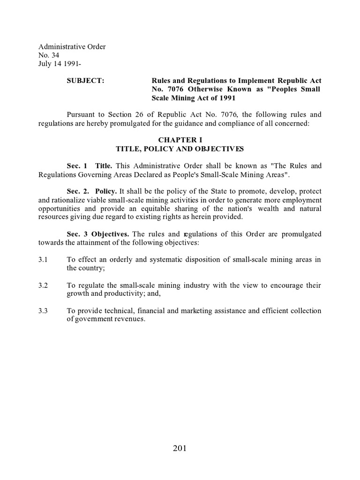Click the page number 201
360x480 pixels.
pos(180,448)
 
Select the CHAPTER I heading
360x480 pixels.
pos(180,140)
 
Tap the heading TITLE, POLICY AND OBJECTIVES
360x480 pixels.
pos(180,149)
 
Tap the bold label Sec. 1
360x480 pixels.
pos(77,166)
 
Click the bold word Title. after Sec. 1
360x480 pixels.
pos(104,166)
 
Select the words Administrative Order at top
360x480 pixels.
pos(72,47)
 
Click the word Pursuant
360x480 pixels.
pos(82,114)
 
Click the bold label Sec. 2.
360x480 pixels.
pos(78,192)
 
